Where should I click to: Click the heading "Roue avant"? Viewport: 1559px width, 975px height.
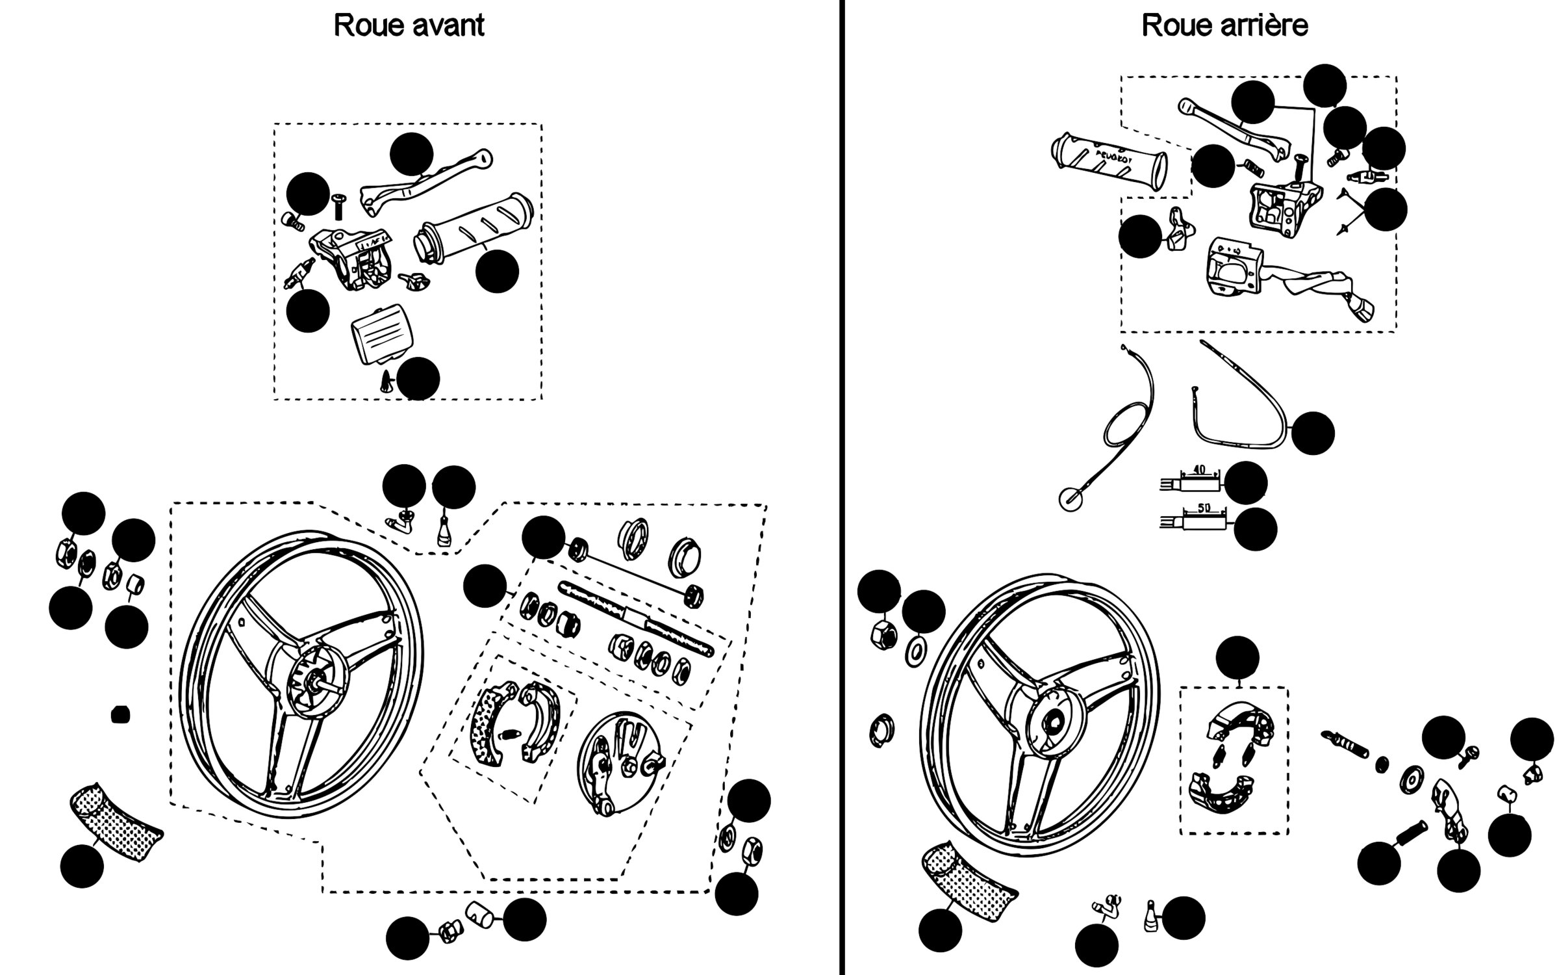(409, 26)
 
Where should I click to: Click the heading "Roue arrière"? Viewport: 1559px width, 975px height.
(1224, 26)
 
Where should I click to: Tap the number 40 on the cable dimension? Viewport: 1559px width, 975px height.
(1199, 470)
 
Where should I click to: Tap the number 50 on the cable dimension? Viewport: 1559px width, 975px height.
(1203, 508)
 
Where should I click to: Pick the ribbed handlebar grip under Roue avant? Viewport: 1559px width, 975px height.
(474, 229)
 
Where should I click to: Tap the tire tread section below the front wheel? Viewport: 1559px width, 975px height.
(114, 822)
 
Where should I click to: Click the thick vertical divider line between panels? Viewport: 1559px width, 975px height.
(842, 487)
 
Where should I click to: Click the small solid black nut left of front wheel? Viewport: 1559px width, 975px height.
(120, 715)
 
